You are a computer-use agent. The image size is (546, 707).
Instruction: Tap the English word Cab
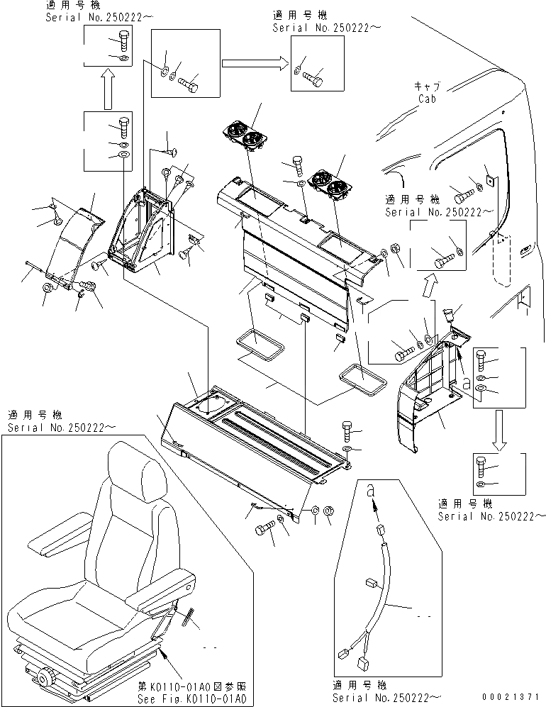(x=426, y=99)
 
